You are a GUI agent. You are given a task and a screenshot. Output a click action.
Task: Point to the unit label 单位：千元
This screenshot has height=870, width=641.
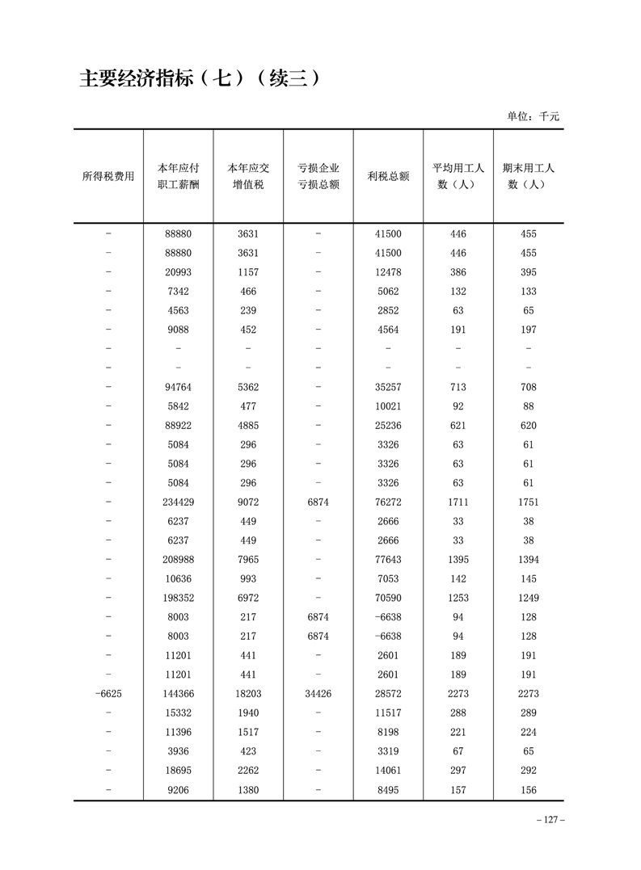[533, 116]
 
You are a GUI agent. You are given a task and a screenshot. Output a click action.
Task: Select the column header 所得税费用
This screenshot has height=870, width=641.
[108, 176]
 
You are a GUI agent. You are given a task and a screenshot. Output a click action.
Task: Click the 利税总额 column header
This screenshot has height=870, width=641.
[388, 176]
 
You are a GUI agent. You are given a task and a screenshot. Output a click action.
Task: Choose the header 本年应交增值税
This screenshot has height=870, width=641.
[248, 176]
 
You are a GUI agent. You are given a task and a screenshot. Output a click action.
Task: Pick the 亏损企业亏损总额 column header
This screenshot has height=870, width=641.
[318, 176]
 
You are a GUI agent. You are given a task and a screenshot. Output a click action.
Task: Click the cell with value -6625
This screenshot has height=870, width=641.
[108, 694]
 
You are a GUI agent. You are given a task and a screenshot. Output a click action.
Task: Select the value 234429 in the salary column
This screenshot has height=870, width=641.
[178, 502]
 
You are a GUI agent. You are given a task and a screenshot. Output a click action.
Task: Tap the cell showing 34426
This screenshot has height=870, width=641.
[318, 694]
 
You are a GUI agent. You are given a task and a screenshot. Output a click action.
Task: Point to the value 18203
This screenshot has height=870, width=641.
[248, 694]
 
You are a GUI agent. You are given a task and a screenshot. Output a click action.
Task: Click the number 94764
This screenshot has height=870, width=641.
[178, 387]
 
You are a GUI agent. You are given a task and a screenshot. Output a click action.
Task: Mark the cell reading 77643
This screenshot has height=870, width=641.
[388, 560]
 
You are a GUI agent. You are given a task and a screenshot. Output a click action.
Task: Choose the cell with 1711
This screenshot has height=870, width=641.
[458, 502]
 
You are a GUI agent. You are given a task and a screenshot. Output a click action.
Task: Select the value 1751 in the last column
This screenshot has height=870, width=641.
[529, 502]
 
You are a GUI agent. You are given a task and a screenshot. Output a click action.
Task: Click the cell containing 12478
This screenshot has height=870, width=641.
[388, 272]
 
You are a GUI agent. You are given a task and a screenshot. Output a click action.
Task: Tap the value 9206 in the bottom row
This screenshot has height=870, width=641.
[178, 790]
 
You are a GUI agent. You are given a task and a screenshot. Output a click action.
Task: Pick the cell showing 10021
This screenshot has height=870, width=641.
[388, 406]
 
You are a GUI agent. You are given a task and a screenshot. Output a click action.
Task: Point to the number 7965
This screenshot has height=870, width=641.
[248, 560]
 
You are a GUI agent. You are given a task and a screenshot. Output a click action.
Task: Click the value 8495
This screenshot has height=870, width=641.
[388, 790]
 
